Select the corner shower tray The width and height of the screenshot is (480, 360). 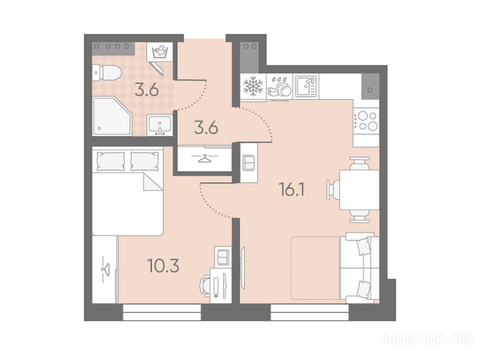[x=112, y=116]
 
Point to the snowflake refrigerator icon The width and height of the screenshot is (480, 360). [x=253, y=86]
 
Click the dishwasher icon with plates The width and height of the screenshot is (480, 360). [x=279, y=87]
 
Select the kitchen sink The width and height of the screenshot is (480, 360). [x=306, y=86]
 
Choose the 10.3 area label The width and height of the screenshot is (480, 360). [x=163, y=265]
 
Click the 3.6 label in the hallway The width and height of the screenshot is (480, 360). [x=206, y=127]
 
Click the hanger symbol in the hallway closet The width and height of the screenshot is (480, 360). [x=204, y=158]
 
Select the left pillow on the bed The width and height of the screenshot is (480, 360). [x=111, y=161]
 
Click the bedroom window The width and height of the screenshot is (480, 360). [x=162, y=312]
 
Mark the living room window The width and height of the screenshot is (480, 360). [x=310, y=312]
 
